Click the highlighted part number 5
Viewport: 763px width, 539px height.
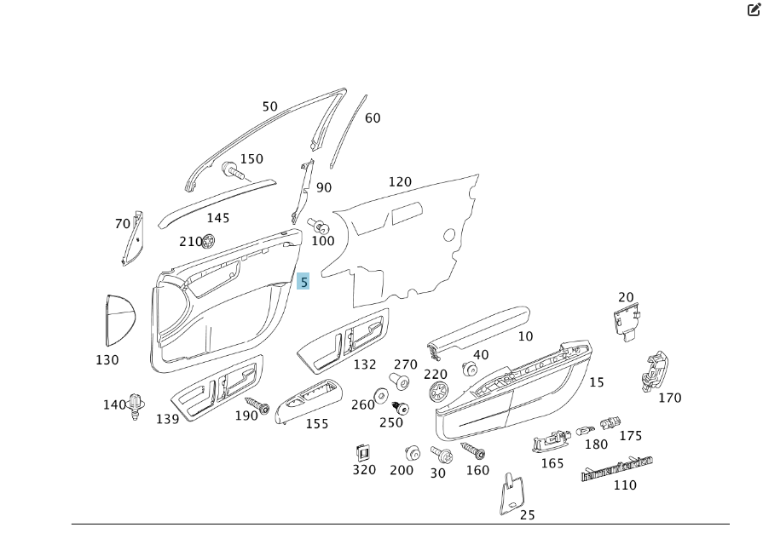[303, 281]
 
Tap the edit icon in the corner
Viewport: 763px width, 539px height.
[754, 10]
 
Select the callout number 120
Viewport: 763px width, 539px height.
[400, 182]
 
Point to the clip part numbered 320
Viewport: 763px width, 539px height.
[361, 451]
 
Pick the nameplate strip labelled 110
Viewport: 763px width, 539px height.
[617, 468]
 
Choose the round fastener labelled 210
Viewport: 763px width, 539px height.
[209, 241]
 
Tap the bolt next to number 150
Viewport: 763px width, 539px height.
[232, 170]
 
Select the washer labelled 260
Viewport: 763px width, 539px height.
[381, 395]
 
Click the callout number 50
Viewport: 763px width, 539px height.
[269, 107]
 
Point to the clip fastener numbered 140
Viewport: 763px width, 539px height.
[135, 405]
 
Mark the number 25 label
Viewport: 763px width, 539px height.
[528, 514]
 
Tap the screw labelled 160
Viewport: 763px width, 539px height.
[472, 449]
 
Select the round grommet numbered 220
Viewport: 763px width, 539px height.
[440, 392]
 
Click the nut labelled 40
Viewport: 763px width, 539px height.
[469, 369]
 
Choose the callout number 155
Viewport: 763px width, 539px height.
[317, 423]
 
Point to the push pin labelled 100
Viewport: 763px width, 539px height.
[319, 226]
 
